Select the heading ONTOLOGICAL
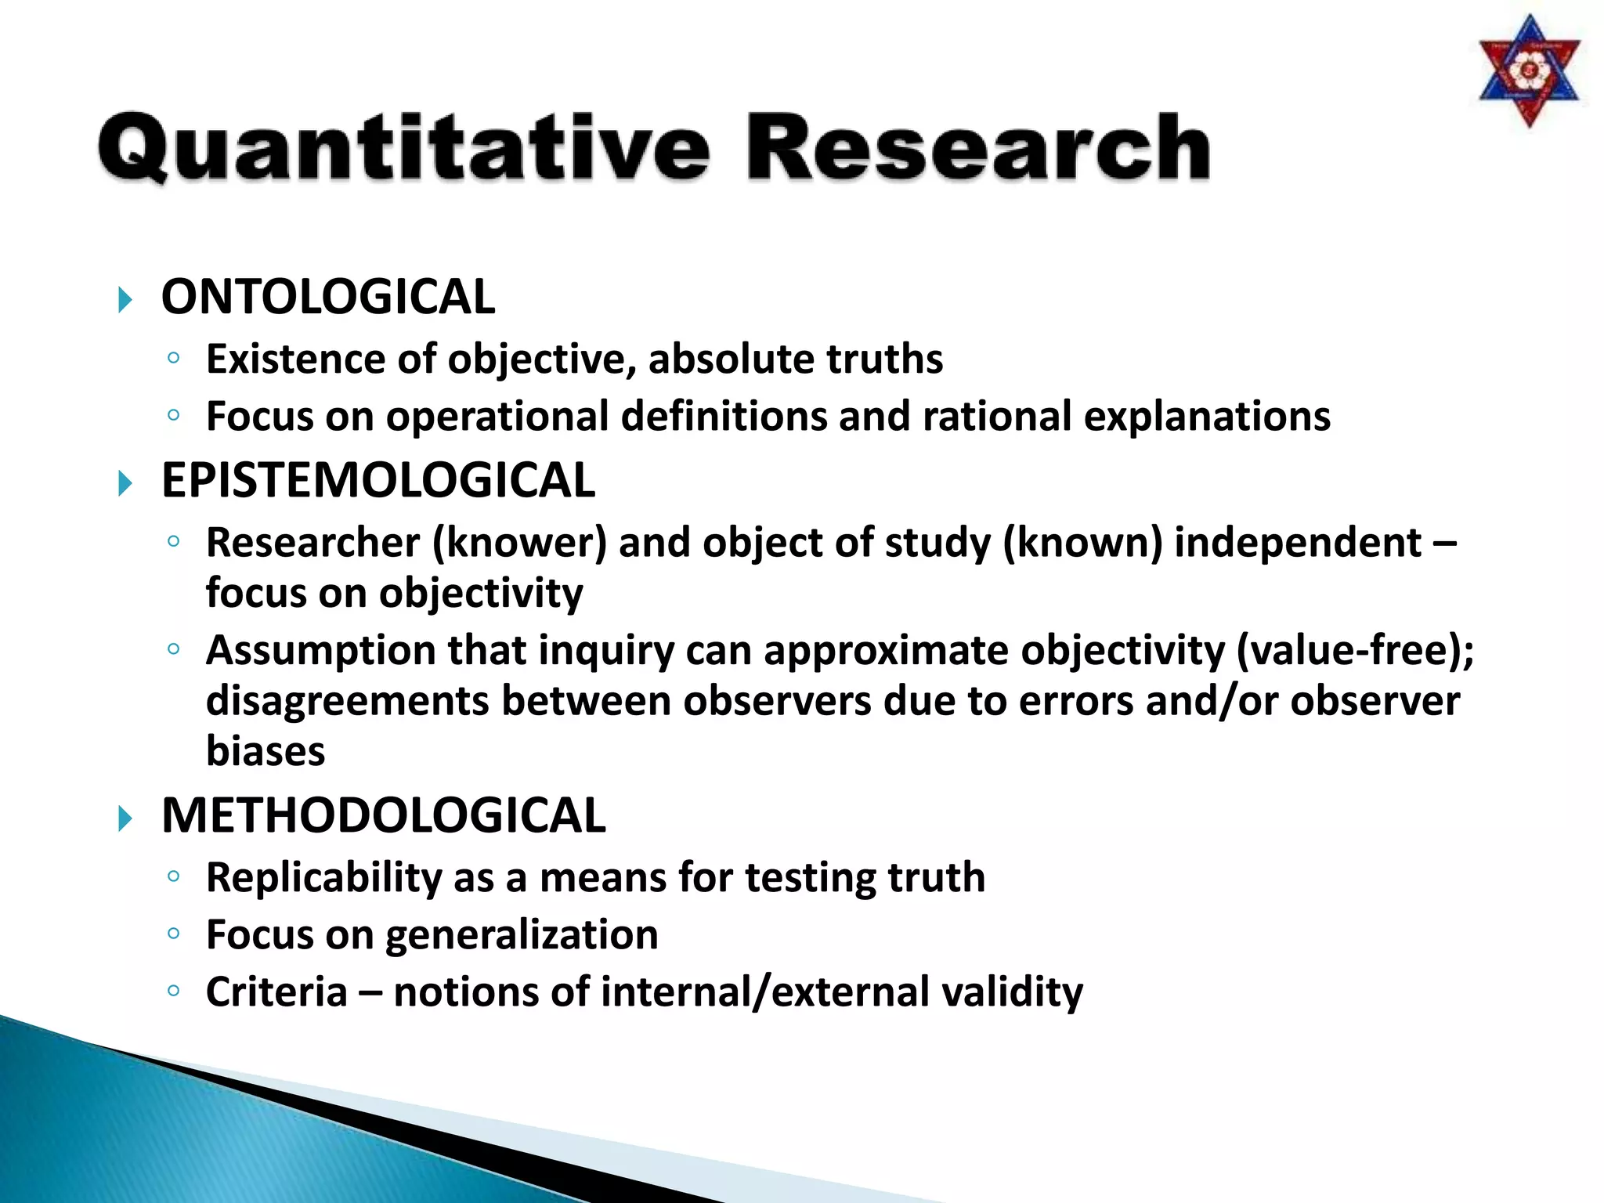(328, 298)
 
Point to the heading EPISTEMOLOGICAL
(378, 480)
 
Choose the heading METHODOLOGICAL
(383, 815)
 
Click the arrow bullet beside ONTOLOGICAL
(125, 300)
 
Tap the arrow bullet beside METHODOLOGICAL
(125, 819)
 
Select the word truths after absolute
(884, 359)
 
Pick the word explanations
(1206, 417)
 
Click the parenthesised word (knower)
(519, 543)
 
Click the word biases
(265, 751)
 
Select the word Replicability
(323, 878)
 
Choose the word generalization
(521, 935)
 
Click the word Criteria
(276, 992)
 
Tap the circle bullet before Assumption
(174, 648)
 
